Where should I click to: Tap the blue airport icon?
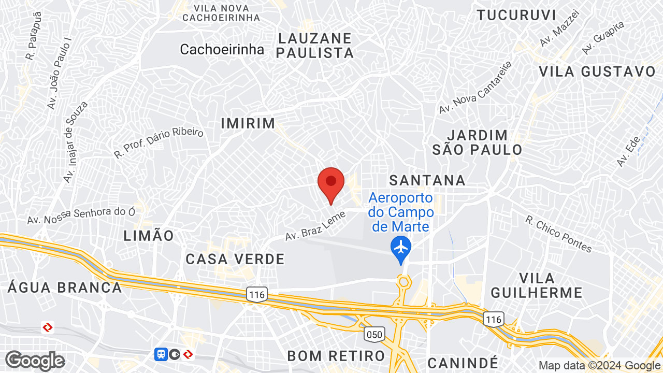click(401, 246)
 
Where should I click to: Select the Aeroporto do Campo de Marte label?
click(401, 212)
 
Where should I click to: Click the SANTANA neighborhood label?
click(427, 180)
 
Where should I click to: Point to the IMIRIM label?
click(248, 123)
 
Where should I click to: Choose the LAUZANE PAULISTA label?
click(316, 46)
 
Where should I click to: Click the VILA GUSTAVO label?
click(597, 71)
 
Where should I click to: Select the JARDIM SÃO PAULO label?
click(478, 142)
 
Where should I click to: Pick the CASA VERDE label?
click(235, 259)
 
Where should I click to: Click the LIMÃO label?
click(149, 236)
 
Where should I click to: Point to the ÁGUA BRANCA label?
click(65, 287)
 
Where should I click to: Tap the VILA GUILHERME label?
click(537, 285)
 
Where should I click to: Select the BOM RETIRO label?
click(336, 356)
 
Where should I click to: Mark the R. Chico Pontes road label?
click(558, 234)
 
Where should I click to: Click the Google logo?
click(35, 361)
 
